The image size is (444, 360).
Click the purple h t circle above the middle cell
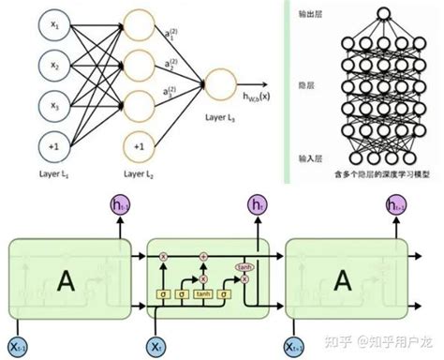coord(256,204)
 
